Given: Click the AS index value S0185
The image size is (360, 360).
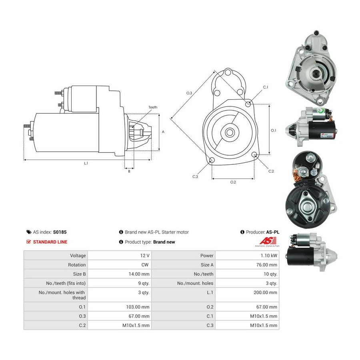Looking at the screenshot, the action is click(60, 232).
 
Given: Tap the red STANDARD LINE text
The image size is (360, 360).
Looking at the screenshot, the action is click(50, 242).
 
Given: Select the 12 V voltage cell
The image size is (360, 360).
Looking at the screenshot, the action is click(145, 256).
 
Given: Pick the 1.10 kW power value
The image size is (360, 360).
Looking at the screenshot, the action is click(269, 256).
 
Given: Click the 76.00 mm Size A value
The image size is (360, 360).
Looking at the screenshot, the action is click(266, 265).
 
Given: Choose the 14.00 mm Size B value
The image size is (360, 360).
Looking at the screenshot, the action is click(139, 274).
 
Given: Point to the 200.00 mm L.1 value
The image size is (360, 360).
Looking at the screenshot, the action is click(266, 292).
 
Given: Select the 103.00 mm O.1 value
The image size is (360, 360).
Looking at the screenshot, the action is click(138, 307).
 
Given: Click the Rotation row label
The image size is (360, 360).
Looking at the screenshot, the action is click(77, 265).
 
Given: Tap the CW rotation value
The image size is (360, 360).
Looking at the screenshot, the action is click(145, 265).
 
